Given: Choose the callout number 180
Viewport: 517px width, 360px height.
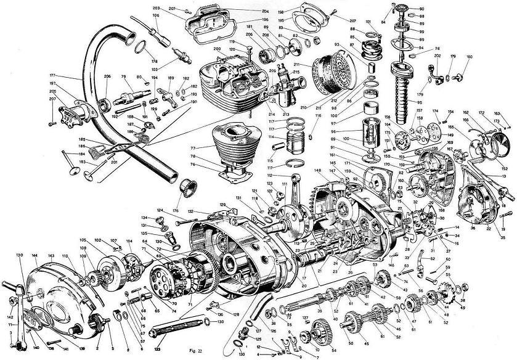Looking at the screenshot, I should (x=468, y=57).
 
